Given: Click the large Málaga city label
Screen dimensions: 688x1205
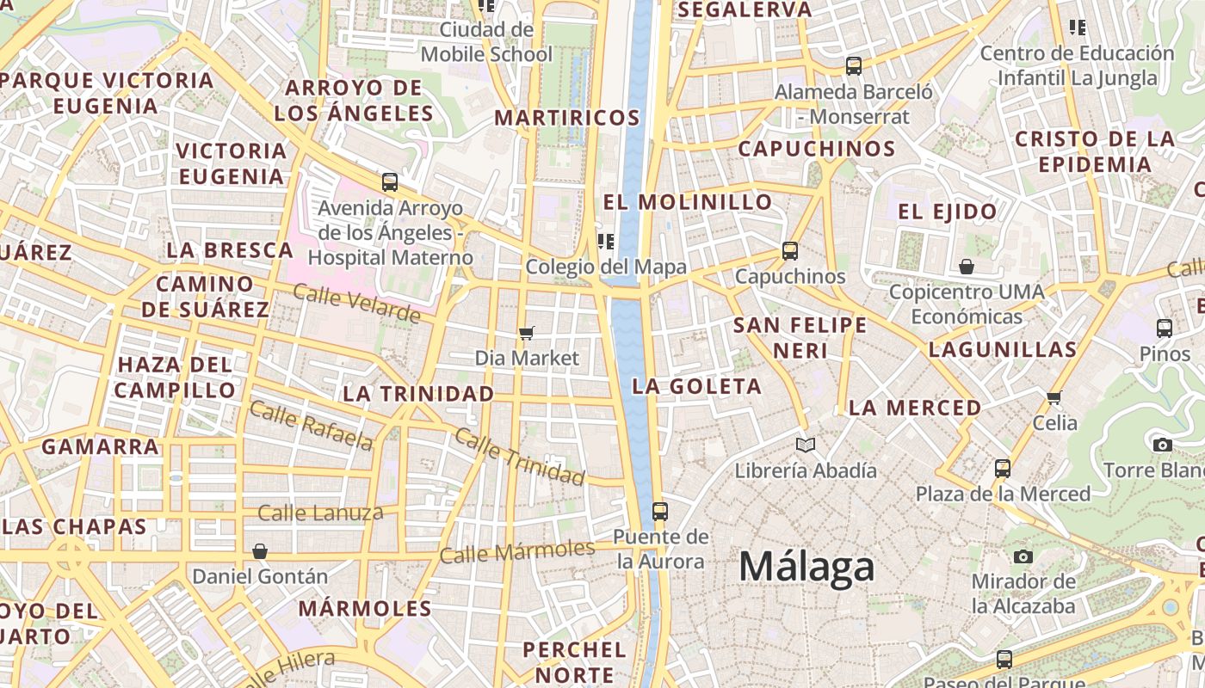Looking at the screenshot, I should [x=806, y=567].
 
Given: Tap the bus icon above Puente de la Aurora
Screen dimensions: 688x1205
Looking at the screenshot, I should [x=660, y=511].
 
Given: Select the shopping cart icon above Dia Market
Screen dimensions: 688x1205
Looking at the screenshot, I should [x=527, y=333].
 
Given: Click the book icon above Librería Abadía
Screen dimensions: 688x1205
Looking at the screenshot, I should [x=806, y=445].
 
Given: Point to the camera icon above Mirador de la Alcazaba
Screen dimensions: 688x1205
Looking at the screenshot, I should [x=1023, y=556].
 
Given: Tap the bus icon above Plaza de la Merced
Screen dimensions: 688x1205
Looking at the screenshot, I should [x=1003, y=468].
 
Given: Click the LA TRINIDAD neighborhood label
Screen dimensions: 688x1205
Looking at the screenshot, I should [x=418, y=394].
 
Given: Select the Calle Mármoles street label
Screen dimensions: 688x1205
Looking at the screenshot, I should [x=517, y=551].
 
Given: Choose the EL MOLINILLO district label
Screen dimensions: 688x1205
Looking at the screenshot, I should [x=688, y=202].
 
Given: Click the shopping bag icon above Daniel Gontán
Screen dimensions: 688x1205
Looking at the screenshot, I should [x=260, y=550].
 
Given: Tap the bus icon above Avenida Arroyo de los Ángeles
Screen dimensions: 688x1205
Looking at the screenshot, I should [x=390, y=182].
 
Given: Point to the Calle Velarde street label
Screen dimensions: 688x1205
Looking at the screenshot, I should [x=356, y=303].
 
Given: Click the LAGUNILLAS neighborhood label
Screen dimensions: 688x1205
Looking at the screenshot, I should [x=1003, y=349].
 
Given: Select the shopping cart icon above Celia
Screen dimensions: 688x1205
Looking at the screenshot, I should [x=1054, y=397].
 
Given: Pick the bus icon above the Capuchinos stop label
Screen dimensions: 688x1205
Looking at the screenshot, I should [x=790, y=251].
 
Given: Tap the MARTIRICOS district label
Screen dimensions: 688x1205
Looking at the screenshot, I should [x=567, y=118].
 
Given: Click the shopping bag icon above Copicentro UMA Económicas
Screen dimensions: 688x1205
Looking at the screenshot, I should [x=967, y=267].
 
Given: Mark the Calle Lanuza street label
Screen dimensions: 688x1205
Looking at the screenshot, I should [x=320, y=513].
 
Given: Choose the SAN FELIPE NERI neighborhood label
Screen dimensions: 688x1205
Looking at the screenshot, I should [x=800, y=337].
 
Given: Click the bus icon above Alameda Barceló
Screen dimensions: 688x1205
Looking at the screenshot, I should [x=854, y=65].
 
